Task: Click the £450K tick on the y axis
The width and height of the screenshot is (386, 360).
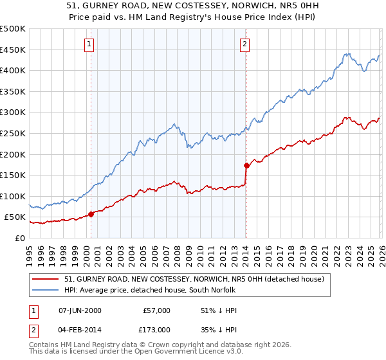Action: [x=13, y=50]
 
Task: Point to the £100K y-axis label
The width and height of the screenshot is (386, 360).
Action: [x=13, y=196]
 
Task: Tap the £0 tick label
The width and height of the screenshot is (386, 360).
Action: [x=19, y=238]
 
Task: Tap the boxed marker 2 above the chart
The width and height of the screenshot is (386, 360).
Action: [x=245, y=44]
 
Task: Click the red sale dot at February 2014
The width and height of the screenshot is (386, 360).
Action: [x=246, y=165]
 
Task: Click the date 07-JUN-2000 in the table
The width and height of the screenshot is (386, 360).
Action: [x=80, y=310]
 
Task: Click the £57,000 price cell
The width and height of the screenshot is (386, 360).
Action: [x=156, y=310]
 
